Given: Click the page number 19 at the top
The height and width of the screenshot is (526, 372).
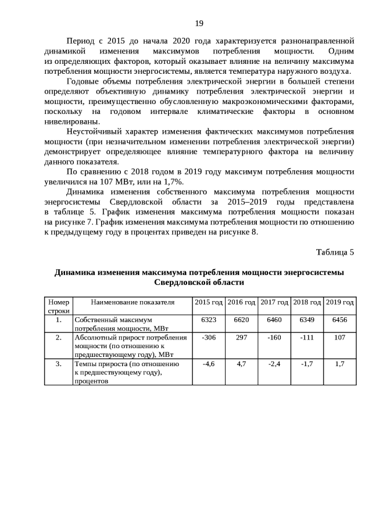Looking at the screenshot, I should tap(199, 24).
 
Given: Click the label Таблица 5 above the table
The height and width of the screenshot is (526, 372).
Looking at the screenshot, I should tap(335, 252).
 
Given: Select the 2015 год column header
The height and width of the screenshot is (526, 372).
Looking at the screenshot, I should tap(209, 302).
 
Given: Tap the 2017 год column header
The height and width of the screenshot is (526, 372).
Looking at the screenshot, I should tap(274, 302).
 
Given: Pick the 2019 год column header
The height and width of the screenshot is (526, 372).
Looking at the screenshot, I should tap(340, 302).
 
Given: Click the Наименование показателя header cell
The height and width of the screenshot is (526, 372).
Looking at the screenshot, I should tap(133, 302).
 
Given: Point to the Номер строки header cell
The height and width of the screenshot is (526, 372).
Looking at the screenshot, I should tap(58, 306).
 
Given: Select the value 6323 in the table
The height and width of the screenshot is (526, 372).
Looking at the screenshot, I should tap(209, 320).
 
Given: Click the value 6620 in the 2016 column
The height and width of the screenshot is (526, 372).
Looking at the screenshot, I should tap(241, 320).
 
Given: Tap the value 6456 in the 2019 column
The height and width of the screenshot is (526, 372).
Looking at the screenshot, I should tap(340, 320).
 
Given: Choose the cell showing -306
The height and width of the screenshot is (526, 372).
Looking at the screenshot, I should tap(209, 338).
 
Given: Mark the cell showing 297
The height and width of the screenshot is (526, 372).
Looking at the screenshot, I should tap(241, 338).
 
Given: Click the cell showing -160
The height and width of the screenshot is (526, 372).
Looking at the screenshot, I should tap(274, 338).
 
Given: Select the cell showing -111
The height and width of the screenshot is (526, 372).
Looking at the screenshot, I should tap(307, 338).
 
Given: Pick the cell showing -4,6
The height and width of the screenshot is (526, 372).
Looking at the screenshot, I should tap(209, 364).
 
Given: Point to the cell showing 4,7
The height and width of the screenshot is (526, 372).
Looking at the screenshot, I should tap(241, 364).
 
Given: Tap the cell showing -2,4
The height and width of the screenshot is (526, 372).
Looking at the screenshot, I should tap(274, 364).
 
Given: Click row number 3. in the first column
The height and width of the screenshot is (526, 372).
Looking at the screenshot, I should tap(58, 364).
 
